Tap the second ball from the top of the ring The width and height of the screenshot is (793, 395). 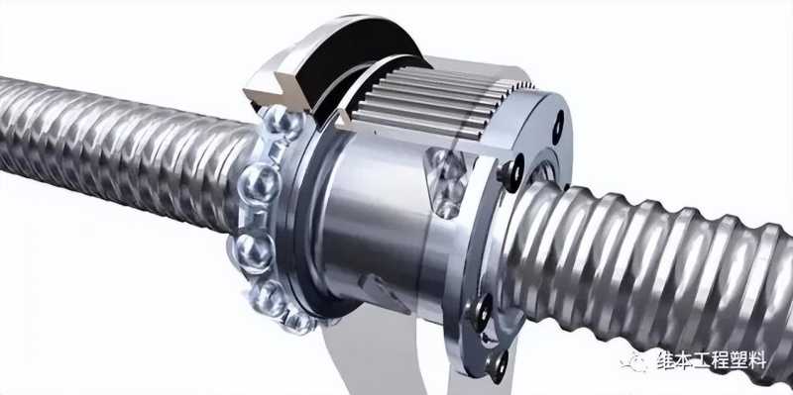[259, 183]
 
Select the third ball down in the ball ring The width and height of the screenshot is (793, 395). [253, 251]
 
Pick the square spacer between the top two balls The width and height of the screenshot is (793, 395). [277, 150]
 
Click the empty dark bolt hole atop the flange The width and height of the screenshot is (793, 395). [558, 126]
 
